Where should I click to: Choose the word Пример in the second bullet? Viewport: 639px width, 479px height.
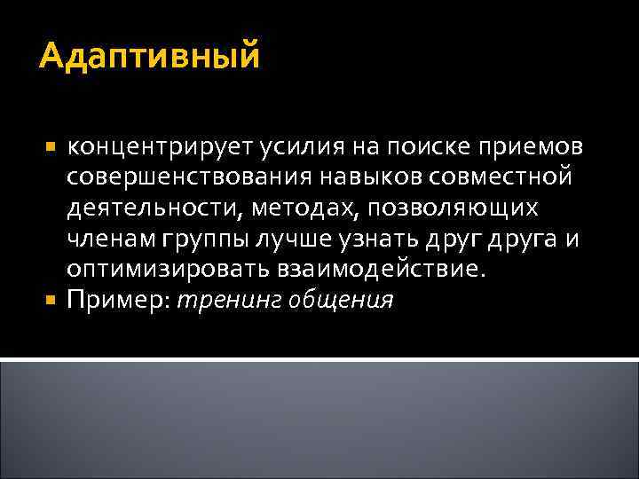[119, 302]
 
